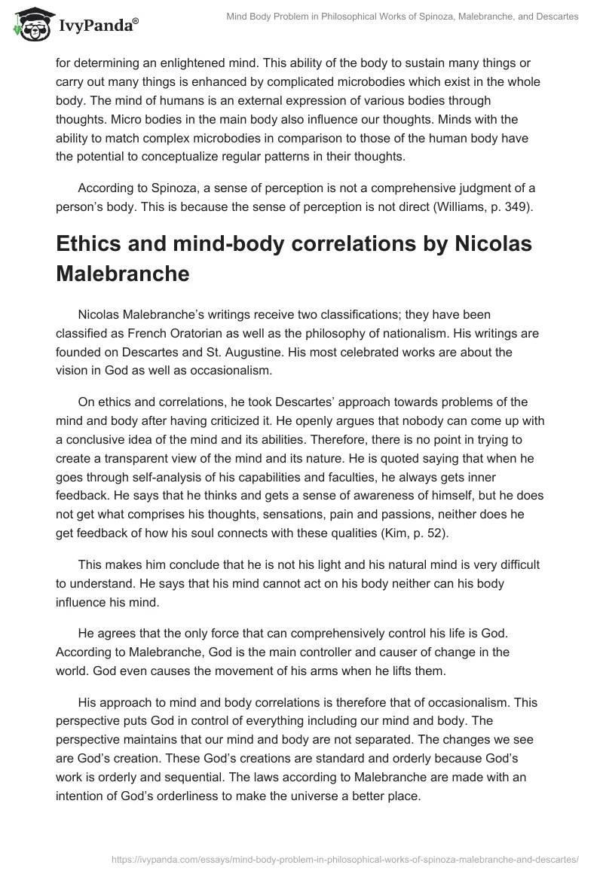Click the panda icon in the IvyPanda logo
[x=29, y=23]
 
